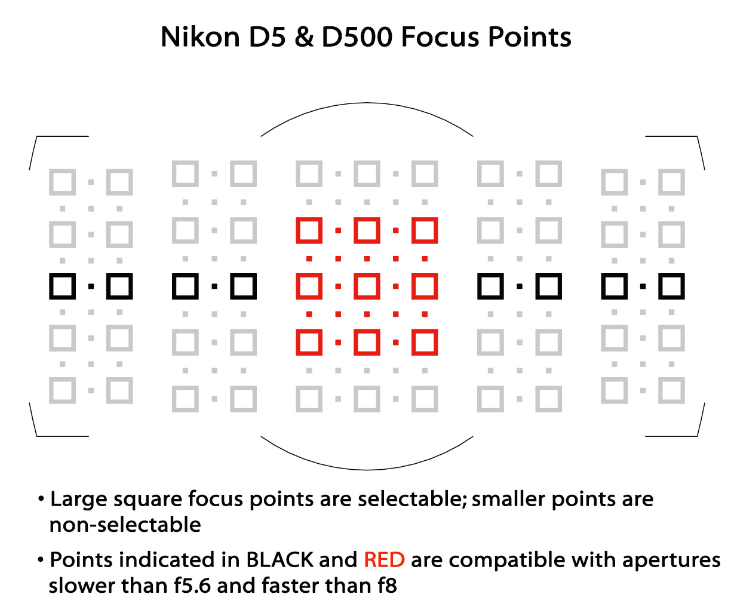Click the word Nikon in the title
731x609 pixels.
(x=200, y=36)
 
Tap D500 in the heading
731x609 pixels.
(x=357, y=37)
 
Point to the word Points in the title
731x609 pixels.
(x=529, y=37)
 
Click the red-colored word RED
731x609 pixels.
(x=384, y=559)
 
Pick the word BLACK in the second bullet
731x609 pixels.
(x=279, y=559)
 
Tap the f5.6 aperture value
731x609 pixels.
(x=192, y=586)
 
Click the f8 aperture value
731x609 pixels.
(x=387, y=586)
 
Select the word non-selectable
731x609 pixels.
(x=125, y=525)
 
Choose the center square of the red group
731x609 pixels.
(x=367, y=286)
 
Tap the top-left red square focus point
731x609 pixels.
(x=309, y=230)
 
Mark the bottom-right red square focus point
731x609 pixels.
(x=424, y=342)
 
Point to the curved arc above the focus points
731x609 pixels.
(x=367, y=103)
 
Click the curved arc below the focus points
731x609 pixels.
(x=367, y=470)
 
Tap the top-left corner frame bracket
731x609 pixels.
(x=36, y=137)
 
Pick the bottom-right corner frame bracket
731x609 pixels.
(x=697, y=436)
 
